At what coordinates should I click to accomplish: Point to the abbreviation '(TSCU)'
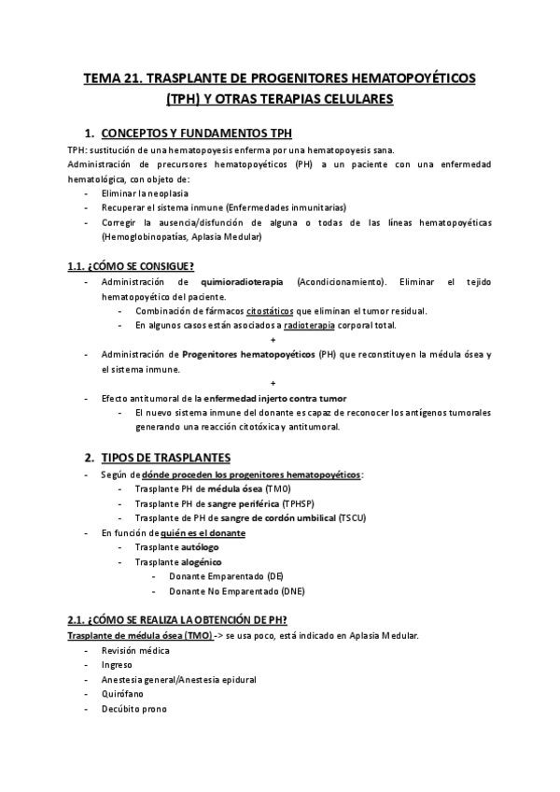[353, 517]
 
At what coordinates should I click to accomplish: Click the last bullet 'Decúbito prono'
[134, 709]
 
